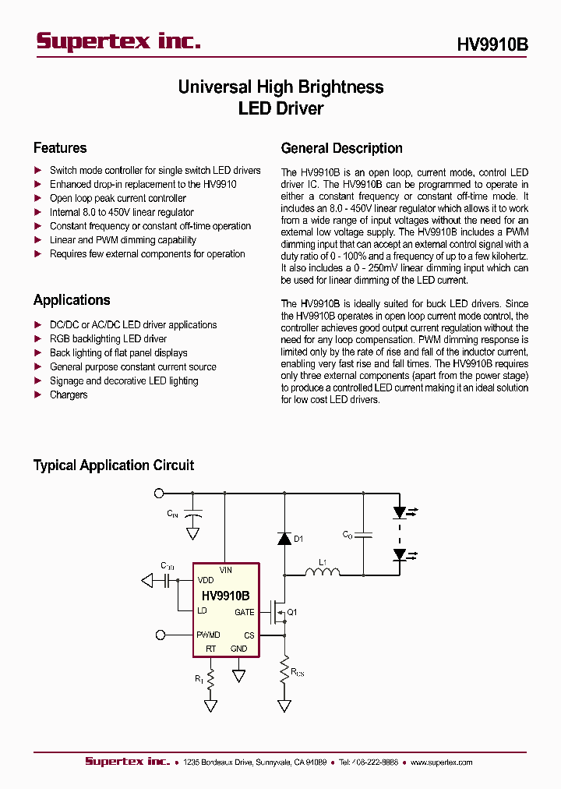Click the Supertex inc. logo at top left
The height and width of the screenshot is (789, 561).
118,42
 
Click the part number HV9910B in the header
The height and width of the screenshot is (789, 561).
492,45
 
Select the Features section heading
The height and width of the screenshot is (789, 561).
60,148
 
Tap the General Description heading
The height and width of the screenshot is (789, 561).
341,148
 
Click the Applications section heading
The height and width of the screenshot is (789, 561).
72,300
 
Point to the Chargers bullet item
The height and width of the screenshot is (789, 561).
69,395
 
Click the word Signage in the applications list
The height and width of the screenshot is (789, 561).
66,381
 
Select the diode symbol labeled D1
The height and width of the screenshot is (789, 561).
284,538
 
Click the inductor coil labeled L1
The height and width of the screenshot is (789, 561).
321,575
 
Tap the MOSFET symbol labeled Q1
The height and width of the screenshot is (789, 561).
276,613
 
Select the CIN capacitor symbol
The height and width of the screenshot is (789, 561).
193,515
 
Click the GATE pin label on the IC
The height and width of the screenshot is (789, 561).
244,613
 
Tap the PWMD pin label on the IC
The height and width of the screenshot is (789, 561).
209,635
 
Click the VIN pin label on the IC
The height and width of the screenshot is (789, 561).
225,571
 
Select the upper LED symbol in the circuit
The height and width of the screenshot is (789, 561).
400,512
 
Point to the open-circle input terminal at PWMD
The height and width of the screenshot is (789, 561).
161,635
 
